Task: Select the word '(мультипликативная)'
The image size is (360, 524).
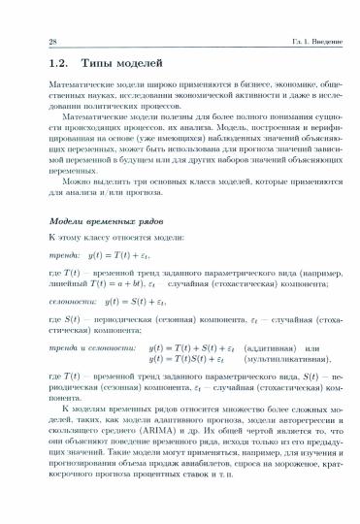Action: click(283, 357)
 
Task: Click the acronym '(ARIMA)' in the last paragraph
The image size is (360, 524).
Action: click(139, 426)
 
